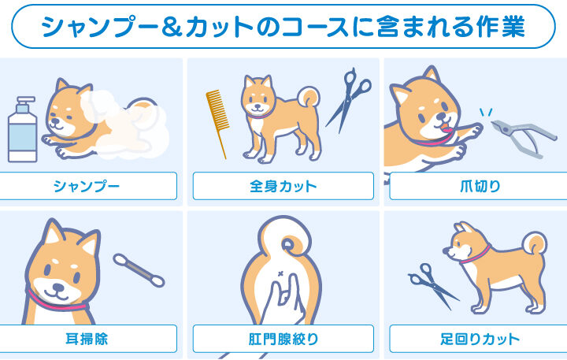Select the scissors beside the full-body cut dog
coord(348,99)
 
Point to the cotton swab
coord(139,270)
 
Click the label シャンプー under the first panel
coord(87,187)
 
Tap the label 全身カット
coord(283,187)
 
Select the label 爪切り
coord(480,187)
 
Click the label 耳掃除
coord(87,339)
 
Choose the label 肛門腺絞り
coord(283,339)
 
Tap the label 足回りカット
coord(480,339)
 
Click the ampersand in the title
coord(172,27)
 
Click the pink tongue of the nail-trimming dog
coord(447,128)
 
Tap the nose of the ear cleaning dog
coord(58,288)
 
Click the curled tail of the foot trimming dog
coord(535,243)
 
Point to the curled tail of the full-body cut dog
coord(309,97)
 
